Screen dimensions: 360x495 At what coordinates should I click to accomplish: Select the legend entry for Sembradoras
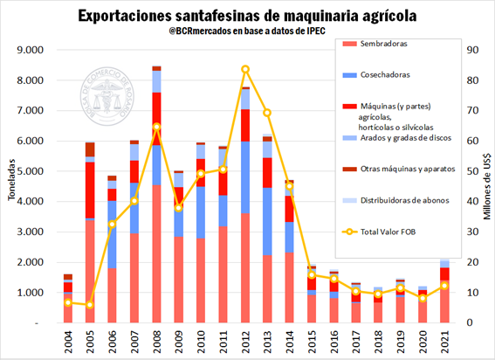(x=375, y=43)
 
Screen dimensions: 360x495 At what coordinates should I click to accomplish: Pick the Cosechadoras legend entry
(x=377, y=75)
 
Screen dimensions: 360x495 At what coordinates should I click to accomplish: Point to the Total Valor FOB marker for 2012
(x=246, y=69)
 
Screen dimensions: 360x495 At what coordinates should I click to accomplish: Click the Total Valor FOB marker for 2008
(x=156, y=128)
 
